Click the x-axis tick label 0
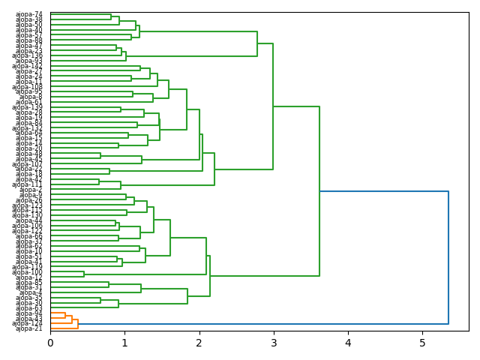click(x=50, y=343)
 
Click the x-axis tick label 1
click(x=124, y=343)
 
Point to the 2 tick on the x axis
click(x=199, y=343)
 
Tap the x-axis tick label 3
click(x=273, y=343)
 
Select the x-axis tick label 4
click(x=348, y=343)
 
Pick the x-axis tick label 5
click(x=422, y=343)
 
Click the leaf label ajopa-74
click(x=29, y=15)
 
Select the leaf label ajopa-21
click(x=29, y=328)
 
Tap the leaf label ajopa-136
click(x=28, y=56)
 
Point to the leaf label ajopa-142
click(x=28, y=67)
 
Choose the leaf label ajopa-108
click(x=28, y=87)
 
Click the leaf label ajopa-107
click(x=28, y=164)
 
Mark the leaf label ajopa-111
click(x=28, y=184)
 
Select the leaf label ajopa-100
click(x=28, y=272)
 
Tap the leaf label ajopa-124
click(x=28, y=323)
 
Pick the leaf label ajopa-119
click(x=28, y=267)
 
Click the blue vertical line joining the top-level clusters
click(x=448, y=258)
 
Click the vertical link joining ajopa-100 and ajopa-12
click(x=84, y=274)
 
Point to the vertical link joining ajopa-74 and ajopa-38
click(x=111, y=17)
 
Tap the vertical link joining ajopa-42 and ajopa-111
click(x=99, y=182)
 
